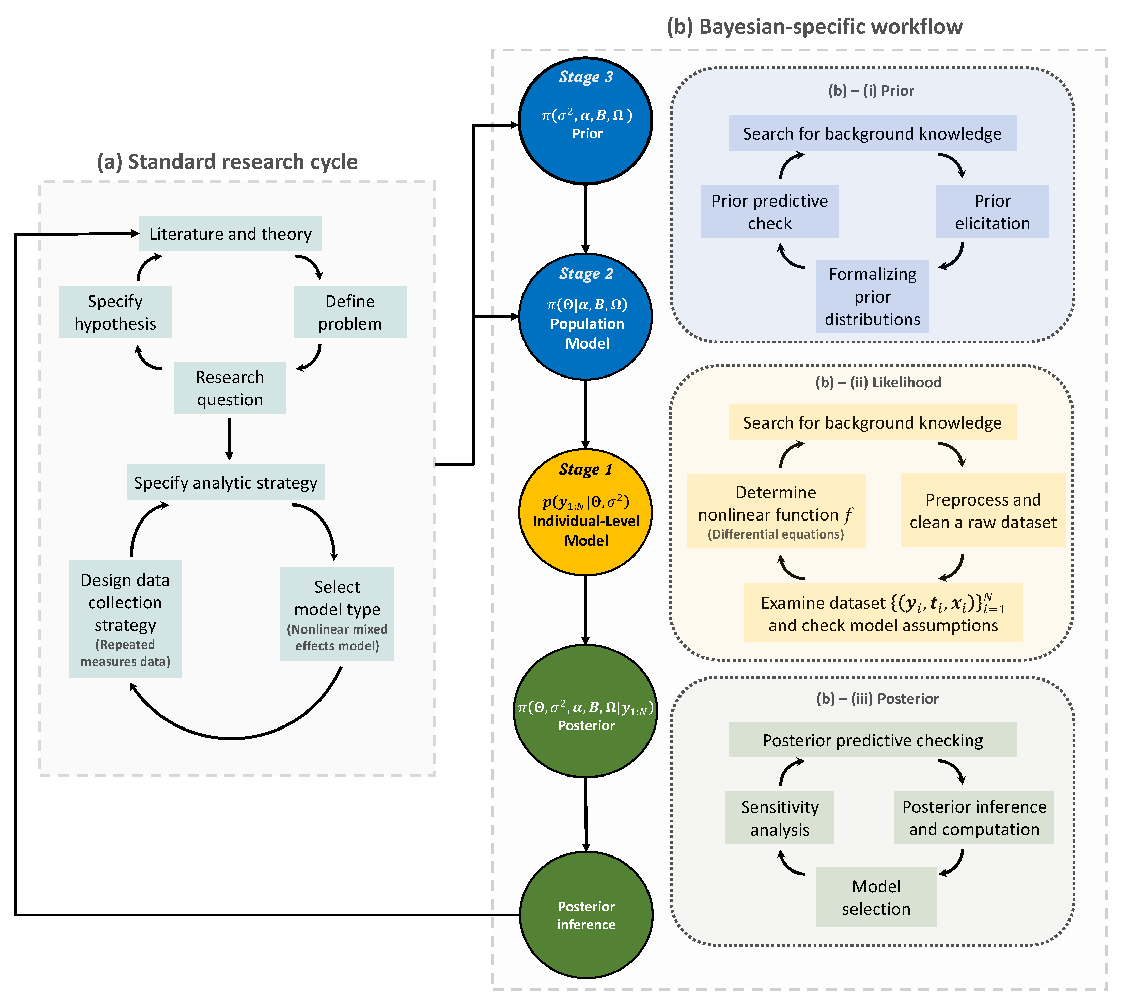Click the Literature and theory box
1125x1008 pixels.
coord(230,234)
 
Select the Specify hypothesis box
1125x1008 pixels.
coord(115,313)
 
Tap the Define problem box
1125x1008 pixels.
coord(350,313)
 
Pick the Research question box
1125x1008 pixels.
coord(230,388)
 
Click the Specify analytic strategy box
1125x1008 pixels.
coord(225,482)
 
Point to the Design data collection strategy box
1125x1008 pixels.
coord(125,619)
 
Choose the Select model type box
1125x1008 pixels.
coord(337,615)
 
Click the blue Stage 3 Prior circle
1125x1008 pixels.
coord(586,121)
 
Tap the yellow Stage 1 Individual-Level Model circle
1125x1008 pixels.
coord(586,512)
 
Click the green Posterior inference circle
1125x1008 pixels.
coord(586,915)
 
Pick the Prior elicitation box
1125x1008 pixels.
coord(992,211)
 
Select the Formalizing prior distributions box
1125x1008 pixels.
coord(872,296)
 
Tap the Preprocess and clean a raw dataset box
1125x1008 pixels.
coord(983,511)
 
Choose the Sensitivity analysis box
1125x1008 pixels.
coord(780,818)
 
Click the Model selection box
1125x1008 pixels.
coord(876,897)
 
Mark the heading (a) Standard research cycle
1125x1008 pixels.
coord(227,162)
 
